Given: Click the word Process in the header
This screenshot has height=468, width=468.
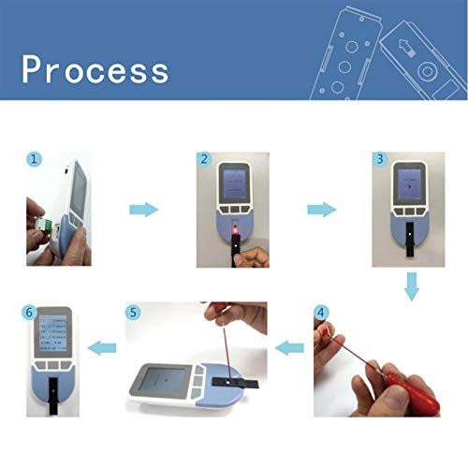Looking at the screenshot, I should tap(96, 70).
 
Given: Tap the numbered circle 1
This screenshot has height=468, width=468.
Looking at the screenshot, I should tap(35, 160).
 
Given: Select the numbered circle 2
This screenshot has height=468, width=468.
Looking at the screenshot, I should tap(204, 160).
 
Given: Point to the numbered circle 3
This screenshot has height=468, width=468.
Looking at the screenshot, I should tap(379, 160).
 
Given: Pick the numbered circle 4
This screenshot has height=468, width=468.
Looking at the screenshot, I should tap(322, 312).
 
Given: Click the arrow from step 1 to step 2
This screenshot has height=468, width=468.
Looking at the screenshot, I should tap(143, 210).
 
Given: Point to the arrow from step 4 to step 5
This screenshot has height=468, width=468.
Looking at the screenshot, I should tap(288, 349).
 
